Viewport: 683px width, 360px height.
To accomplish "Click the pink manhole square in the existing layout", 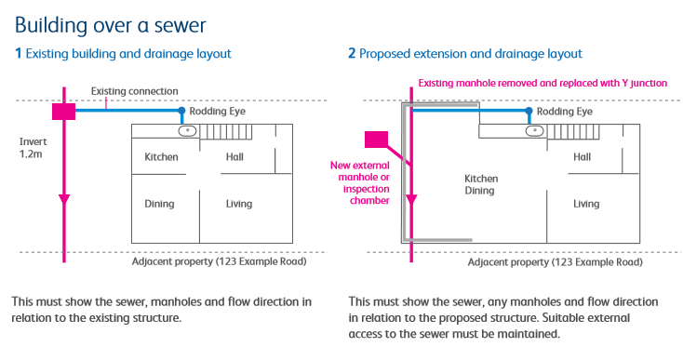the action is coord(63,112).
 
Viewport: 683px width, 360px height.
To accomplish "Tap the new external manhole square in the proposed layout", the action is coord(376,140).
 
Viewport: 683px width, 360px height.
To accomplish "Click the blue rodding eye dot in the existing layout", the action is coord(181,111).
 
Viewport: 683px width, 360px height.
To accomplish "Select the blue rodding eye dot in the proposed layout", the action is coord(529,111).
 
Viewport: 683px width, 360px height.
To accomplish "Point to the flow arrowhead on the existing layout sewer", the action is coord(64,200).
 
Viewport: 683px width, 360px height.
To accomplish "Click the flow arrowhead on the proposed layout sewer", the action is coord(411,200).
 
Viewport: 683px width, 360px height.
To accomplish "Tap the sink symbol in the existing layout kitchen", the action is coord(188,130).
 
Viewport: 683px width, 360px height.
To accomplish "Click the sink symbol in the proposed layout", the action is coord(535,130).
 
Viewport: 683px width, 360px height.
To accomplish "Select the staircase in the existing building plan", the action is coord(226,132).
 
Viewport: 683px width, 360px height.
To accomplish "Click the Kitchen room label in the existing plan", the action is coord(161,156).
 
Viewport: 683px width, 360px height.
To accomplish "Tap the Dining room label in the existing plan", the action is coord(159,204).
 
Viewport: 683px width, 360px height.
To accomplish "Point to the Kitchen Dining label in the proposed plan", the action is coord(481,184).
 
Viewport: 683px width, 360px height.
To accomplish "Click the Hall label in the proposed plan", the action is coord(582,156).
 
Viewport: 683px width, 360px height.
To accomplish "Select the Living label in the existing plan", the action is coord(239,204).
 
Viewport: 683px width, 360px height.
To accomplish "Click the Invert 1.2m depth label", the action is coord(33,148).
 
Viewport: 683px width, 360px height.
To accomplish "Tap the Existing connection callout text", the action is coord(135,91).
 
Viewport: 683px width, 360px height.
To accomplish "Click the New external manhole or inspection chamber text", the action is coord(360,183).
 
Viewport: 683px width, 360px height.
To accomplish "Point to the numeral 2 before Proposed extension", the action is coord(352,54).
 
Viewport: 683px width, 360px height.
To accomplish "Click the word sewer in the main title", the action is coord(180,26).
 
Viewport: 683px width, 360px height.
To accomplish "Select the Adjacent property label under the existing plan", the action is coord(219,261).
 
